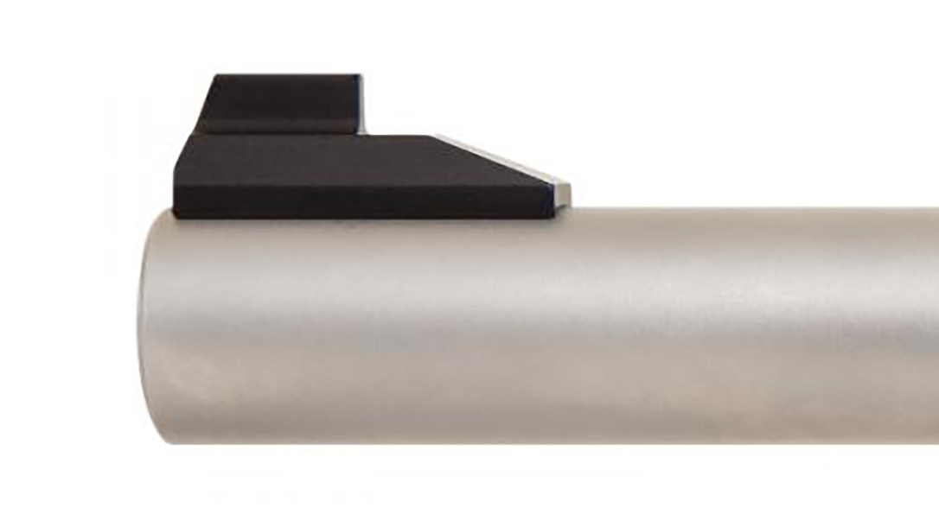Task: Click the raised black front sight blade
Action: (281, 104)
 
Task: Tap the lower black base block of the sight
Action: (346, 186)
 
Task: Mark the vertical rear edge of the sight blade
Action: (361, 104)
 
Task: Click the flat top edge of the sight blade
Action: (285, 76)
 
